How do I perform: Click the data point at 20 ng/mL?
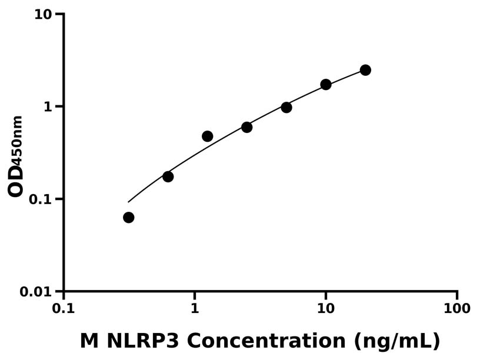pyautogui.click(x=365, y=70)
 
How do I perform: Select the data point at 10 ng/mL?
pyautogui.click(x=326, y=85)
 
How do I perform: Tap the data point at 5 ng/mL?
pyautogui.click(x=286, y=107)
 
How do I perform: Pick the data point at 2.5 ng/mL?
pyautogui.click(x=247, y=127)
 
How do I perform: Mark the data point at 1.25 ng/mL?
pyautogui.click(x=207, y=136)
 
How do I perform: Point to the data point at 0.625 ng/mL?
pyautogui.click(x=168, y=176)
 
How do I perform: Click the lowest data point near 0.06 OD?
pyautogui.click(x=128, y=218)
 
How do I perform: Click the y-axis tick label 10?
pyautogui.click(x=42, y=14)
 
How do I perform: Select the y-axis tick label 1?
pyautogui.click(x=48, y=106)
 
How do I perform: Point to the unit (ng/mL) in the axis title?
pyautogui.click(x=397, y=341)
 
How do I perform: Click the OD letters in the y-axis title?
pyautogui.click(x=16, y=181)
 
